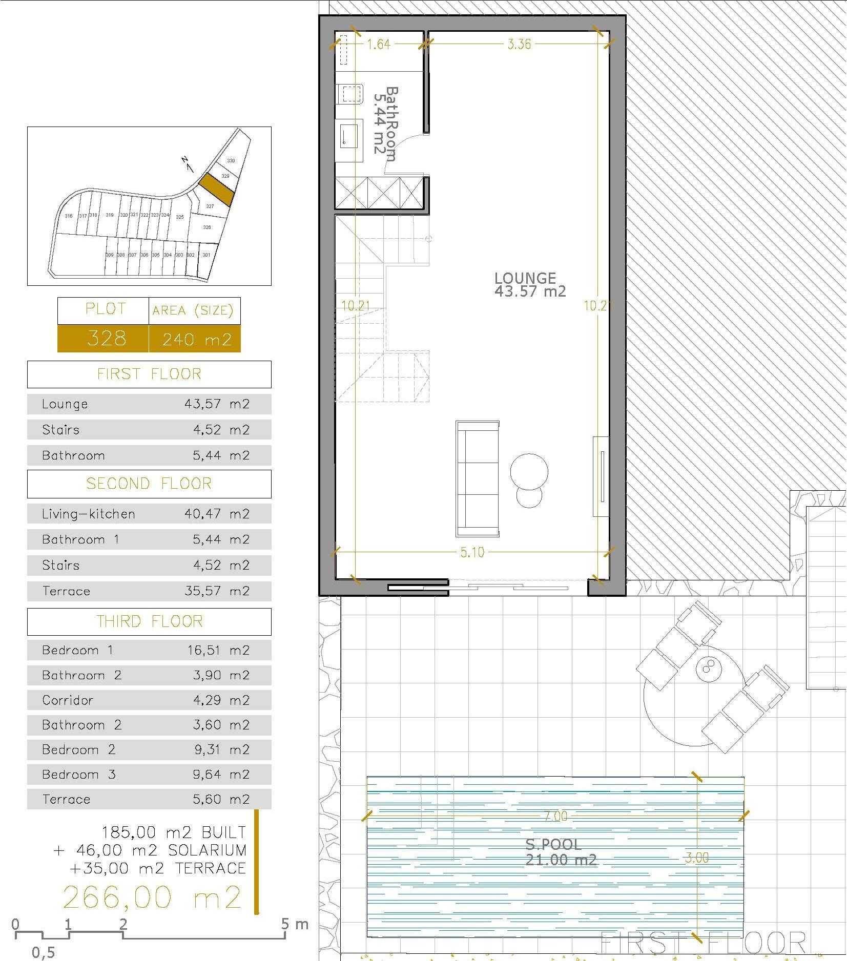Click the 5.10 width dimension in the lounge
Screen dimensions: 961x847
471,553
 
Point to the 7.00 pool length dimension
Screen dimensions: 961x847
555,816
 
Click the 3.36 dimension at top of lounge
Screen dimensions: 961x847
519,45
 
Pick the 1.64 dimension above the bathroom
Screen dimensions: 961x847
379,45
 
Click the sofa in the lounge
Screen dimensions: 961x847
477,479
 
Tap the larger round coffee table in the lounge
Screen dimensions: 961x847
529,471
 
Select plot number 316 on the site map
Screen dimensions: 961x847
69,216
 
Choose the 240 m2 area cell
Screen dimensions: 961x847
195,339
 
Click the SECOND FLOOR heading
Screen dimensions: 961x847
149,484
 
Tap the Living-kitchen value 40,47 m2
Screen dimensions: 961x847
217,514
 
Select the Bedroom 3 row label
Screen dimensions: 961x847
79,775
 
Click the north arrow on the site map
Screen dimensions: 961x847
187,164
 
